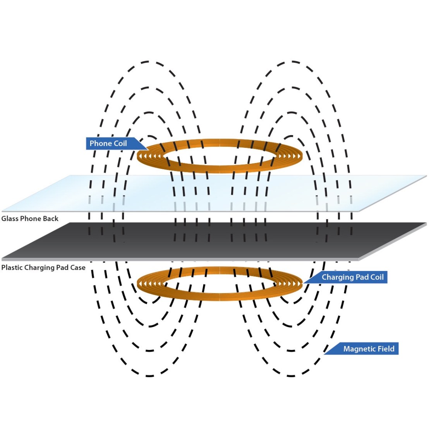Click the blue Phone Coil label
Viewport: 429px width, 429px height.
110,144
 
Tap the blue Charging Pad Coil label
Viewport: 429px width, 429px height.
350,277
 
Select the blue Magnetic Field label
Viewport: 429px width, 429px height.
366,349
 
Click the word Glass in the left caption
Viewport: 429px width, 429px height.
10,219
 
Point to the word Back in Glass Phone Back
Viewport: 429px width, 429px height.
51,219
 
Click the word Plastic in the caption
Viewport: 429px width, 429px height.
12,268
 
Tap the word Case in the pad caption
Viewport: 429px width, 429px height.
77,268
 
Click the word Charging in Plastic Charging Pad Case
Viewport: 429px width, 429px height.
39,268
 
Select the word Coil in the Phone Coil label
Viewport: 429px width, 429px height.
120,144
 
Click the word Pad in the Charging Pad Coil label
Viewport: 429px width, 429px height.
360,277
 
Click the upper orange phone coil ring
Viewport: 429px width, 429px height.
219,168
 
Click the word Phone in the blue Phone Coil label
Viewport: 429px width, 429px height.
100,144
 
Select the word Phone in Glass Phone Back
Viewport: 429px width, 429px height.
31,219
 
